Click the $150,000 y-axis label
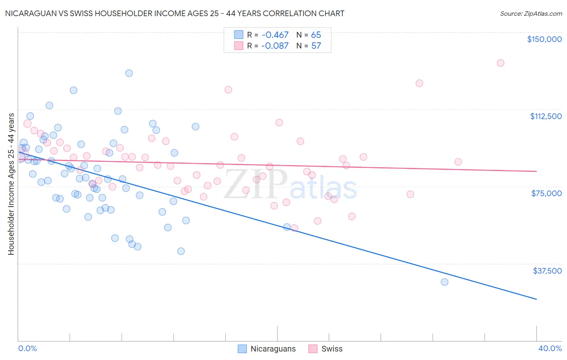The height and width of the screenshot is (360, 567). click(544, 39)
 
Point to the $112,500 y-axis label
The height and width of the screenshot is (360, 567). click(546, 116)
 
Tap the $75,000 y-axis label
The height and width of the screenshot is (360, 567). click(546, 193)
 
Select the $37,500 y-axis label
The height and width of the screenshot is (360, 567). click(547, 271)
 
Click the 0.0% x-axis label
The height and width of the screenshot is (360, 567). click(27, 348)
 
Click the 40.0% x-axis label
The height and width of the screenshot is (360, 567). click(550, 348)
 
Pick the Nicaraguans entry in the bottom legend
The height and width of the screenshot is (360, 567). click(273, 349)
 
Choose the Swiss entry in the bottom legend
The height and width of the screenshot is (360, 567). click(331, 349)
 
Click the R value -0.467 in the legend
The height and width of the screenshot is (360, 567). click(275, 35)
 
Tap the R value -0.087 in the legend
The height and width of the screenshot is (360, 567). click(275, 46)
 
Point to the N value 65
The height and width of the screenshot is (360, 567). click(316, 35)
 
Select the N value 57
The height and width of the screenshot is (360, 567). click(316, 46)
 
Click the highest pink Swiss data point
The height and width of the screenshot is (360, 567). click(500, 63)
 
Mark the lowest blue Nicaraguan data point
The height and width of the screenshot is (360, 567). click(444, 282)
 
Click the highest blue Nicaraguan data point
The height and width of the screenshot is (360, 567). click(129, 73)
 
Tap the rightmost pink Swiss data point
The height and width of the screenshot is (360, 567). click(500, 63)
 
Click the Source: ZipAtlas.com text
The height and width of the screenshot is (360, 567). click(531, 14)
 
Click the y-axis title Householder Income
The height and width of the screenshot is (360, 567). click(11, 184)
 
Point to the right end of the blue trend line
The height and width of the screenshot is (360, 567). click(536, 299)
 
